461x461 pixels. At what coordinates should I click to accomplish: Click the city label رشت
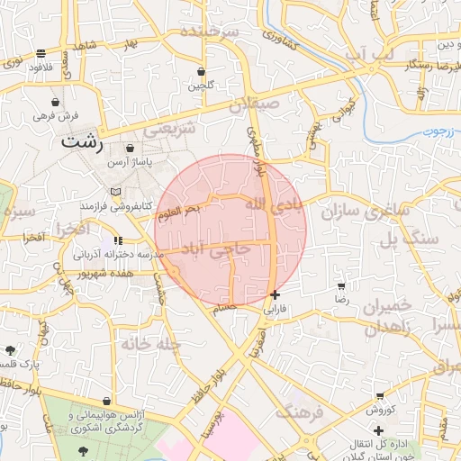coord(84,142)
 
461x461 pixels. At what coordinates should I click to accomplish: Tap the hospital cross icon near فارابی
coord(275,294)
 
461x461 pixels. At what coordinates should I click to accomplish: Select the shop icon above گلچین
coord(201,71)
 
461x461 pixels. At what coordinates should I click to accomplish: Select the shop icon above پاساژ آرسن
coord(131,148)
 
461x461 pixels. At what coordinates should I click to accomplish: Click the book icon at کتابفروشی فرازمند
coord(113,193)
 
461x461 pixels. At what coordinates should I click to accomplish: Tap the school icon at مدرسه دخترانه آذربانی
coord(118,241)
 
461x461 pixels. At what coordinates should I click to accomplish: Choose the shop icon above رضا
coord(341,285)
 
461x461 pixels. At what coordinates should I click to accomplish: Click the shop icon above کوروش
coord(380,395)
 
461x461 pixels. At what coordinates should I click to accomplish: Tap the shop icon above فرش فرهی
coord(58,102)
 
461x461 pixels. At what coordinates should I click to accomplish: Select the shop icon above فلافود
coord(41,53)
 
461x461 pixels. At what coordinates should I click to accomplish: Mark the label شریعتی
coord(170,128)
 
